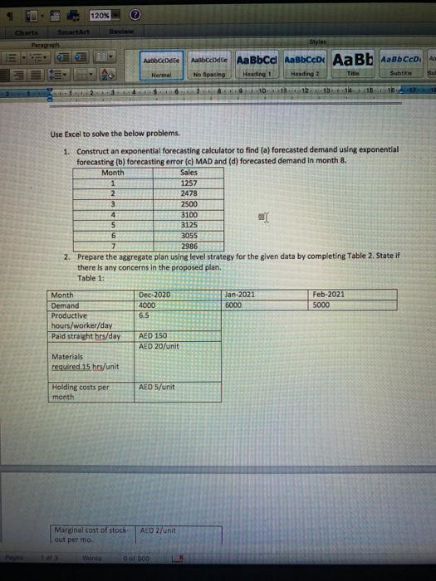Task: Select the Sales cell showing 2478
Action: pos(190,193)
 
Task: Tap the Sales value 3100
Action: pos(190,214)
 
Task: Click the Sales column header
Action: pos(190,172)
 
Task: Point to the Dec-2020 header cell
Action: pos(154,295)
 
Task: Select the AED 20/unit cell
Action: pos(157,346)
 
